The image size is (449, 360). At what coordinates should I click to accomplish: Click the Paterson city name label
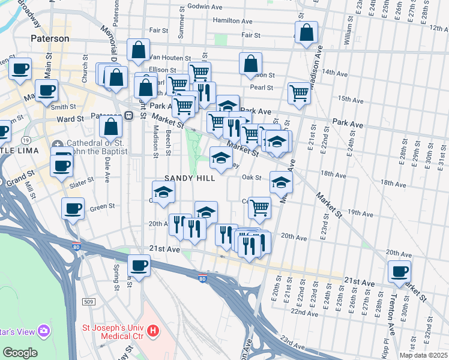pyautogui.click(x=50, y=38)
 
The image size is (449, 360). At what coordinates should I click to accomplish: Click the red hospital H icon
pyautogui.click(x=154, y=329)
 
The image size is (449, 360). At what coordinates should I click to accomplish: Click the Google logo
pyautogui.click(x=20, y=353)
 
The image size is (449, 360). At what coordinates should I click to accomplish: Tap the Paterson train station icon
pyautogui.click(x=129, y=116)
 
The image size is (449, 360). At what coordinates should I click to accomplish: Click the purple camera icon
pyautogui.click(x=43, y=331)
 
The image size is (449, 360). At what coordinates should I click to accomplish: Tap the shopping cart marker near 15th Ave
pyautogui.click(x=298, y=92)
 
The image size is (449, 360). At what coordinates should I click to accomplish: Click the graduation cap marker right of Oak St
pyautogui.click(x=280, y=182)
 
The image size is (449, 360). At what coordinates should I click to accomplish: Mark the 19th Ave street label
pyautogui.click(x=361, y=212)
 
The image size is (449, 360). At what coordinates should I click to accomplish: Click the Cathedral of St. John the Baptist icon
pyautogui.click(x=57, y=144)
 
